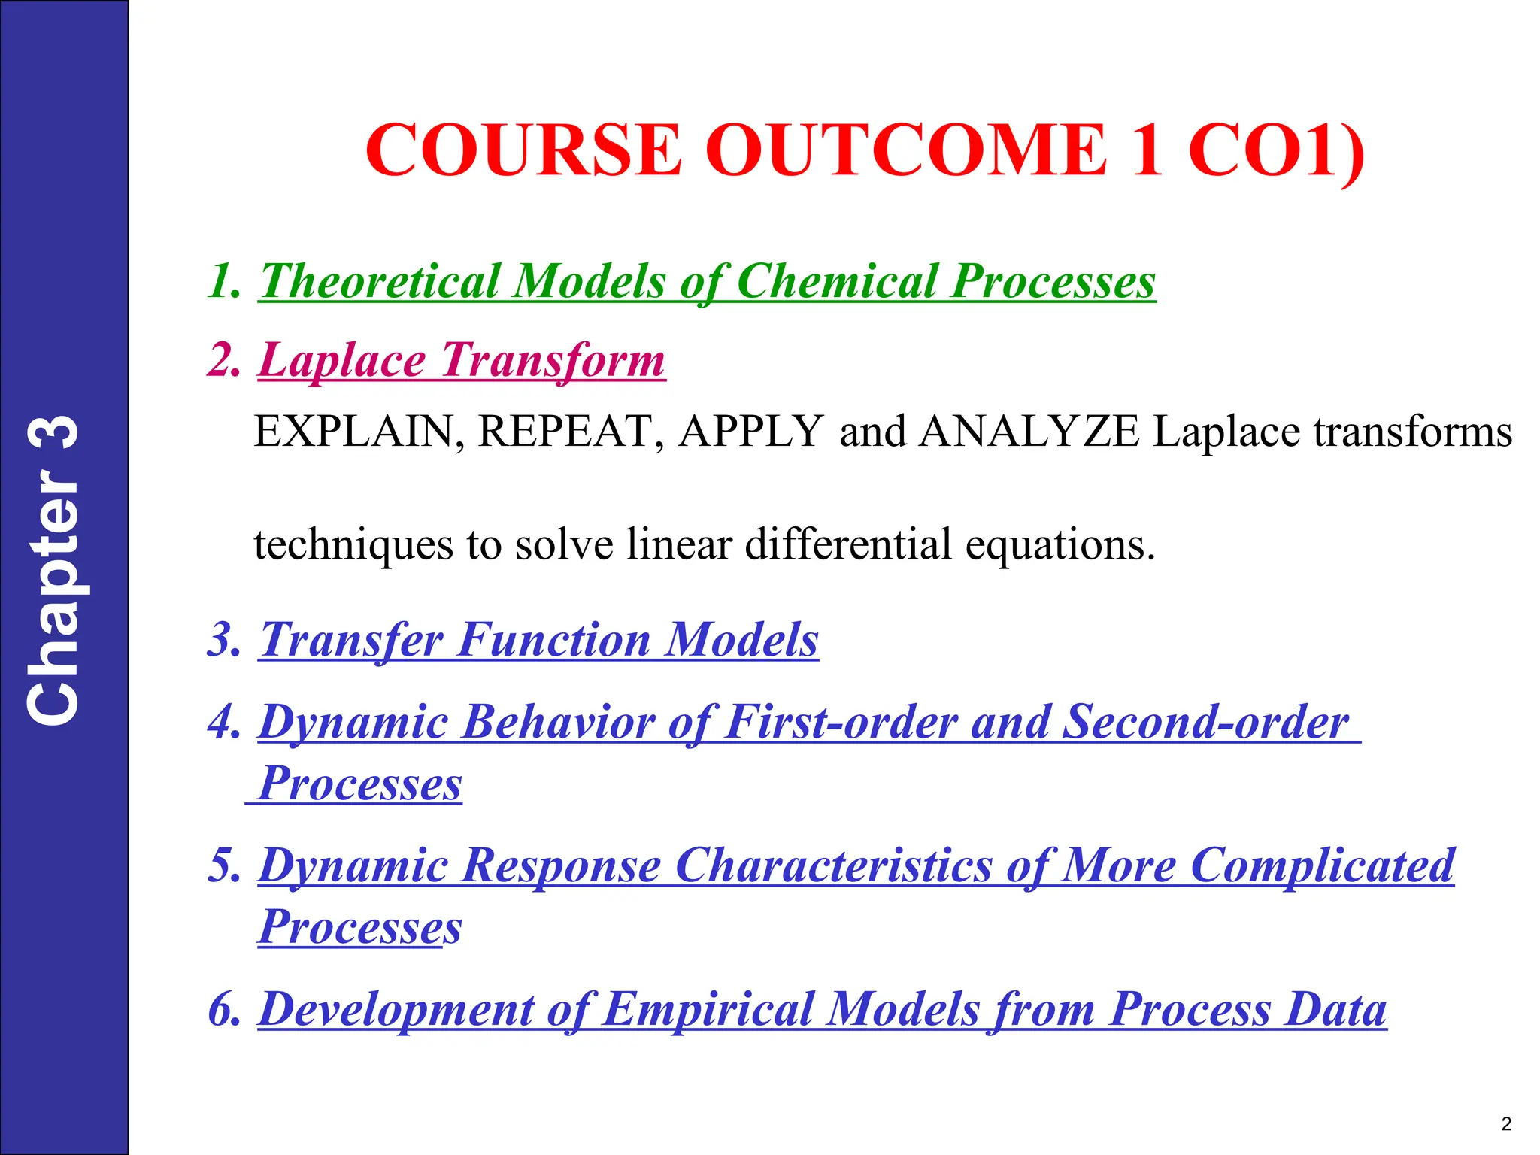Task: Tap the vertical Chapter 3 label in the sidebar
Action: pyautogui.click(x=53, y=571)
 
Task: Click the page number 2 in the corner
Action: pyautogui.click(x=1505, y=1124)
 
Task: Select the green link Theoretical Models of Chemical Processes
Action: pyautogui.click(x=707, y=282)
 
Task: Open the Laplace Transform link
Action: pyautogui.click(x=462, y=361)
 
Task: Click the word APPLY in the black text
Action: pyautogui.click(x=750, y=432)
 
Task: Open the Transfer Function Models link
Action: pyautogui.click(x=538, y=641)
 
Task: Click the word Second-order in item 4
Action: pyautogui.click(x=1205, y=723)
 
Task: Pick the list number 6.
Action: pyautogui.click(x=223, y=1009)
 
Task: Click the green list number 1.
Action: pyautogui.click(x=223, y=282)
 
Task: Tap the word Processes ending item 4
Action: pyautogui.click(x=359, y=784)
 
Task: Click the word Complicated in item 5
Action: pyautogui.click(x=1322, y=865)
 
